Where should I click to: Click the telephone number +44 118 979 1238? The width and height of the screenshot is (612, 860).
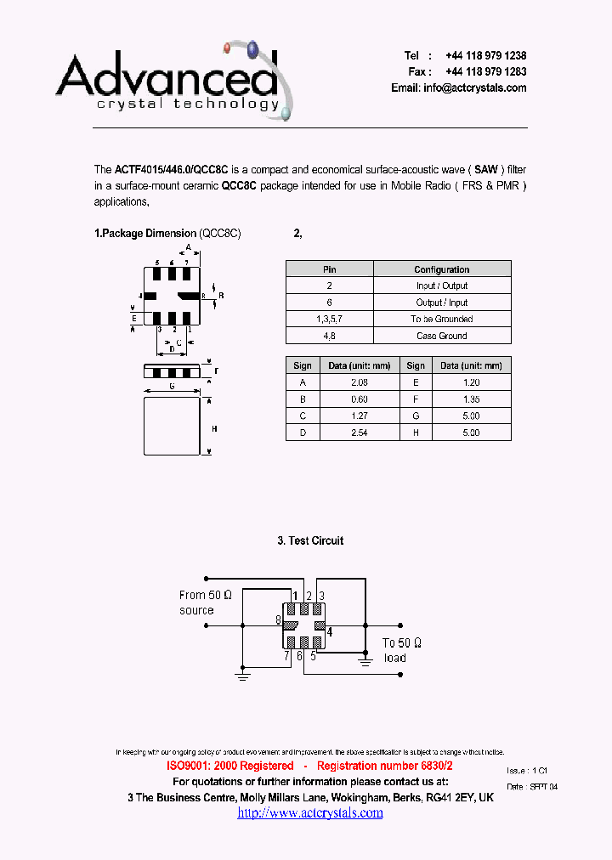(x=485, y=55)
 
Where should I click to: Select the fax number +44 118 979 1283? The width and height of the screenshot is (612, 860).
(x=485, y=72)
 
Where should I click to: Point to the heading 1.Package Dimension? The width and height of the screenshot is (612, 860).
(x=145, y=234)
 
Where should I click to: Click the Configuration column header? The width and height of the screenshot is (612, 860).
(x=442, y=269)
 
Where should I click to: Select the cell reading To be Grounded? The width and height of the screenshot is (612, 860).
(x=442, y=320)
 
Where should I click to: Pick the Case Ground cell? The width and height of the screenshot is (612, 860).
(x=442, y=336)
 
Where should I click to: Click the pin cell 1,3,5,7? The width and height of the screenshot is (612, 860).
(x=329, y=320)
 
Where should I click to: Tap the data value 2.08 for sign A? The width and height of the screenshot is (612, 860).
(x=359, y=382)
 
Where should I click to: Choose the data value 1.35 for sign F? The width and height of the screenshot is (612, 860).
(x=472, y=399)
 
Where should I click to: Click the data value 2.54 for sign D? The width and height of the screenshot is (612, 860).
(x=359, y=433)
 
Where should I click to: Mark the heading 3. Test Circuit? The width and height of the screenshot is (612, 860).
(x=310, y=540)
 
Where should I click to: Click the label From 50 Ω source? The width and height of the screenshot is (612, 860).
(x=205, y=603)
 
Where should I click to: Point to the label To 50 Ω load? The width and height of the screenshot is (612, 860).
(x=402, y=650)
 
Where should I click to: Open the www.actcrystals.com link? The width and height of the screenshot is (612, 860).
(x=310, y=813)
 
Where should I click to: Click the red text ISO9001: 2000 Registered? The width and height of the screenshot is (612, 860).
(x=229, y=766)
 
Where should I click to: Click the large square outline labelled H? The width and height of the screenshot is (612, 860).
(x=172, y=427)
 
